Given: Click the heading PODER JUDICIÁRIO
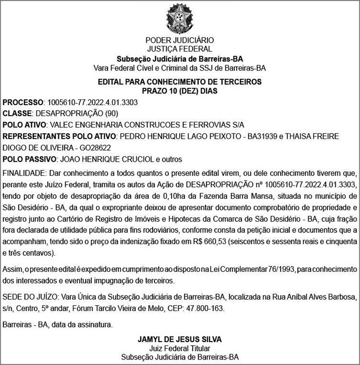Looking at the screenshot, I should [180, 40].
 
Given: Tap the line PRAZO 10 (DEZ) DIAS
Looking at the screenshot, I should [180, 91].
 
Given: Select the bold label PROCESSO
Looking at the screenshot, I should [23, 103].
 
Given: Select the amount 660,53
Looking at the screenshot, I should [213, 242].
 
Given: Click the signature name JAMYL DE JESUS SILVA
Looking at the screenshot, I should [180, 338].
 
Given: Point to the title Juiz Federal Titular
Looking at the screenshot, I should [180, 348].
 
